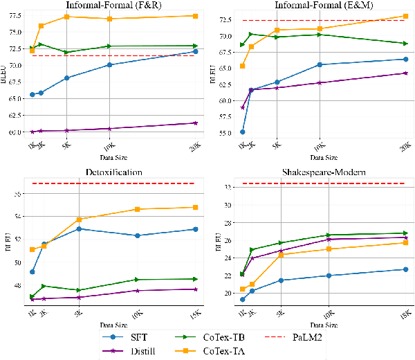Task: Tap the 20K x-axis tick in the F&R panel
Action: [x=194, y=146]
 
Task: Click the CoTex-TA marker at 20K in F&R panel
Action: [x=196, y=16]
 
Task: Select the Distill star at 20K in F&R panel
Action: [x=196, y=123]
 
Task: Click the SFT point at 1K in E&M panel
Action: [x=242, y=132]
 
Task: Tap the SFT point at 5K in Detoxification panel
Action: [x=79, y=228]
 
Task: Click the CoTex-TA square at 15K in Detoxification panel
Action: [x=196, y=207]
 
